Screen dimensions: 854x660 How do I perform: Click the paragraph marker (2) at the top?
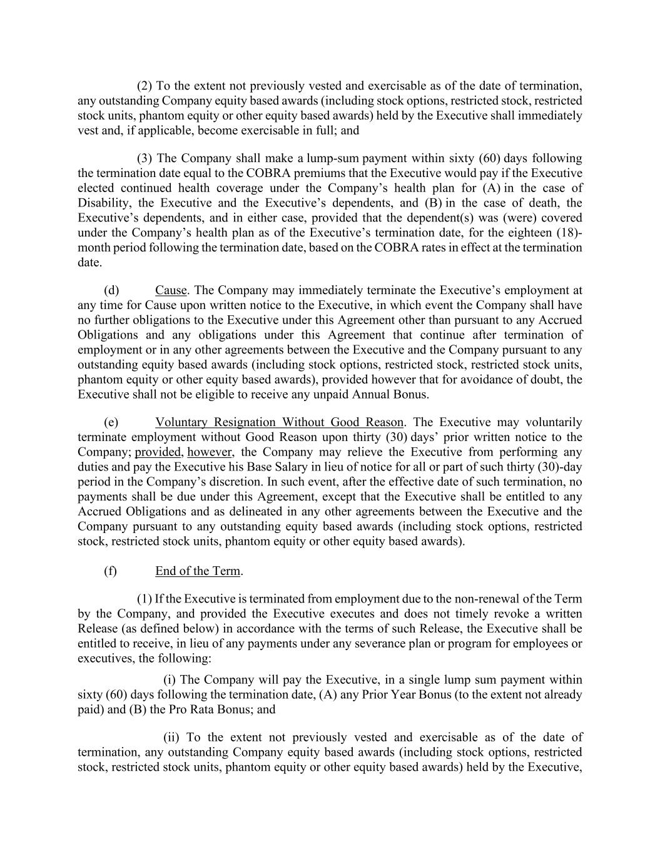(x=145, y=86)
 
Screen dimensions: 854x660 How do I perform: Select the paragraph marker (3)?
(x=145, y=158)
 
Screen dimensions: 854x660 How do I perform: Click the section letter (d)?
(x=111, y=290)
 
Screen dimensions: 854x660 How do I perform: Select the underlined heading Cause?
(x=171, y=290)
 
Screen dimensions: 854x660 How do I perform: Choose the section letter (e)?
(x=111, y=422)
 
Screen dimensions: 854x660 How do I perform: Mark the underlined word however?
(x=210, y=452)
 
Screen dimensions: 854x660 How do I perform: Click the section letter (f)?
(x=110, y=571)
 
